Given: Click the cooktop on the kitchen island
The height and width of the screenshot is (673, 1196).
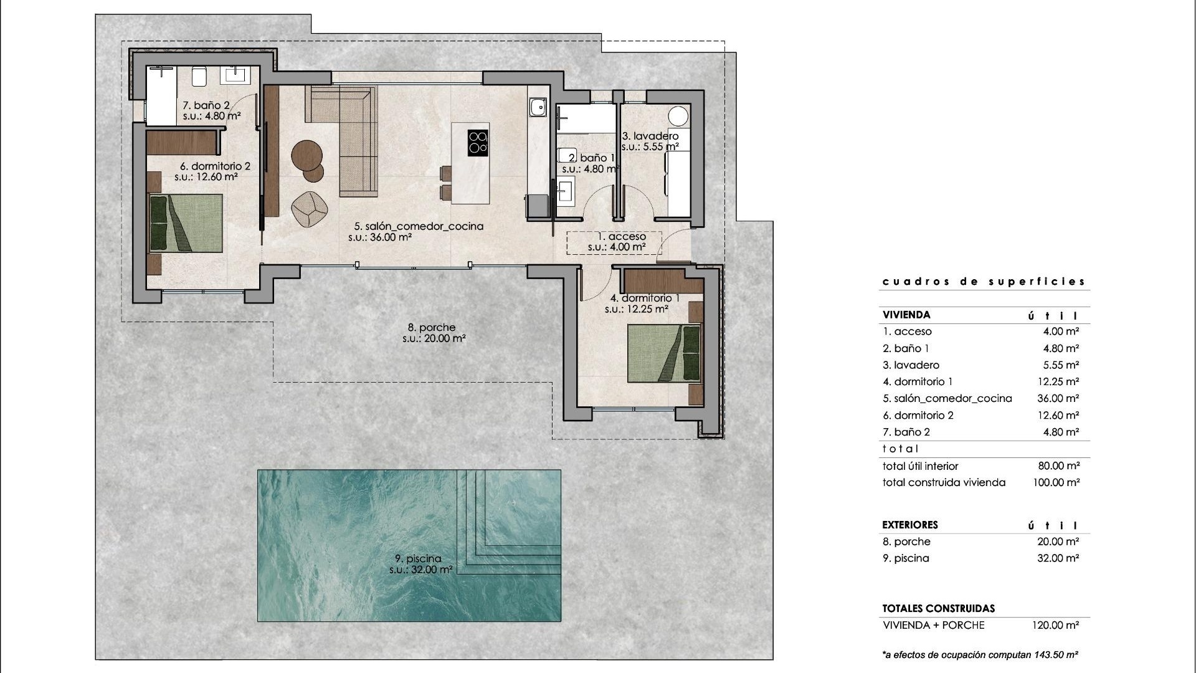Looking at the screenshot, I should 478,142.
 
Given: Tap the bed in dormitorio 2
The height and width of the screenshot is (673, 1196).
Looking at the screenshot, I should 186,223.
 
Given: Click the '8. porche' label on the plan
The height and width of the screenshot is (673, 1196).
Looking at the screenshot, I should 432,327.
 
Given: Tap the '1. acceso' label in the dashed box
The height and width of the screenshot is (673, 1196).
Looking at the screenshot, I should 621,237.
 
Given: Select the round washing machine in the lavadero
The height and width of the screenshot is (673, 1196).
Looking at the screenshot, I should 678,117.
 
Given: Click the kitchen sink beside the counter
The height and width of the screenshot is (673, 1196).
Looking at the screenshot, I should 537,108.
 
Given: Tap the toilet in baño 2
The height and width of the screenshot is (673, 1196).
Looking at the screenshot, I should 199,77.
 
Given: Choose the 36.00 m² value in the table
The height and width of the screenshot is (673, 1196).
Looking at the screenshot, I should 1058,398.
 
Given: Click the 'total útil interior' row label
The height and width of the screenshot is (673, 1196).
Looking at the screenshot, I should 920,466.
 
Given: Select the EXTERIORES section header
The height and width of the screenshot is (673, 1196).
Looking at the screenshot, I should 909,525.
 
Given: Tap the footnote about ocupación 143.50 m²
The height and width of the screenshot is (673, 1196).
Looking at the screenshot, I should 980,655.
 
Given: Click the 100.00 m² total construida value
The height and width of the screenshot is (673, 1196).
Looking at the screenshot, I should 1056,482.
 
